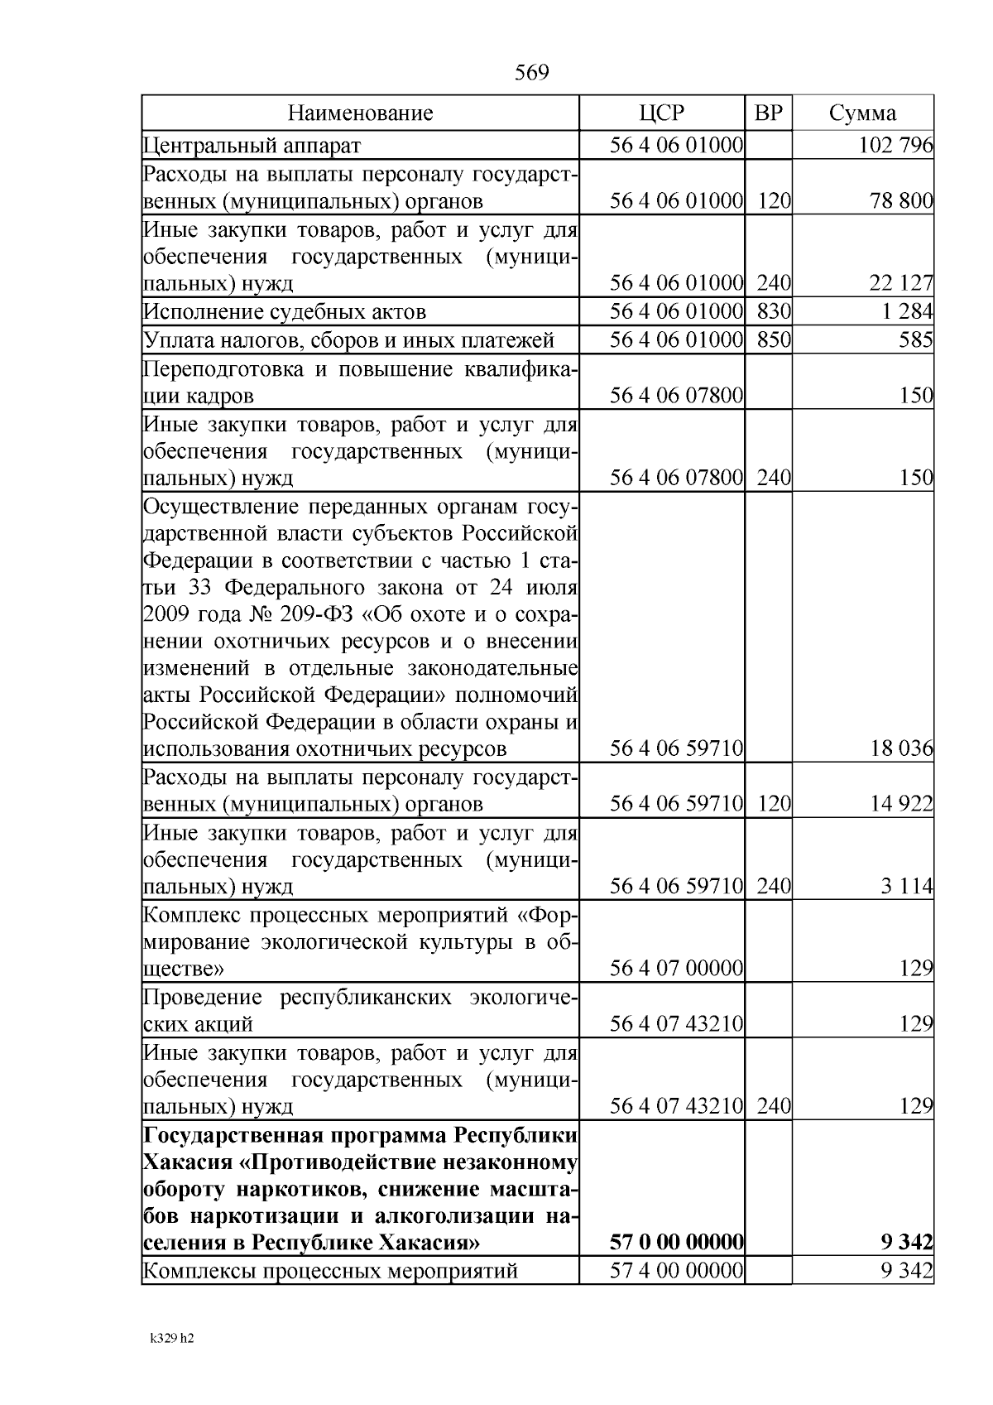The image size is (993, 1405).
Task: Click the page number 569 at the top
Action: [x=531, y=74]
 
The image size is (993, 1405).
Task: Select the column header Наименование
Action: [x=360, y=113]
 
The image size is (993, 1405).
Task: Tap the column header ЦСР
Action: [x=661, y=113]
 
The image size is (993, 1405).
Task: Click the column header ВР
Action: [x=768, y=113]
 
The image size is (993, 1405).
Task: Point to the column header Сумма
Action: [x=862, y=113]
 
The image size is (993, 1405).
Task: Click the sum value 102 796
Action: [x=895, y=147]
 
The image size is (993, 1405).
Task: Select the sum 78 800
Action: [x=900, y=201]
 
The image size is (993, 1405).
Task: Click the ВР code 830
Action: [x=773, y=312]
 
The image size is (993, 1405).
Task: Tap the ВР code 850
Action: [x=773, y=340]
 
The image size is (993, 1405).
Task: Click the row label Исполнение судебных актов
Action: [x=285, y=312]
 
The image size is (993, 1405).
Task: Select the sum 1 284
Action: [x=907, y=312]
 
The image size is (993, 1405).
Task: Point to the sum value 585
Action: [x=916, y=340]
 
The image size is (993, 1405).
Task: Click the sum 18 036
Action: [x=900, y=749]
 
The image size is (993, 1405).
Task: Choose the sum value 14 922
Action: [x=900, y=804]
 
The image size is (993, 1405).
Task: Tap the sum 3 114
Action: [x=907, y=887]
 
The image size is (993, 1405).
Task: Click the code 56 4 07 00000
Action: [x=676, y=968]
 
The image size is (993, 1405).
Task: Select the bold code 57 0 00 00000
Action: [x=676, y=1243]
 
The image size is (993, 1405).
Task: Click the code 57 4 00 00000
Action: [x=676, y=1270]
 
